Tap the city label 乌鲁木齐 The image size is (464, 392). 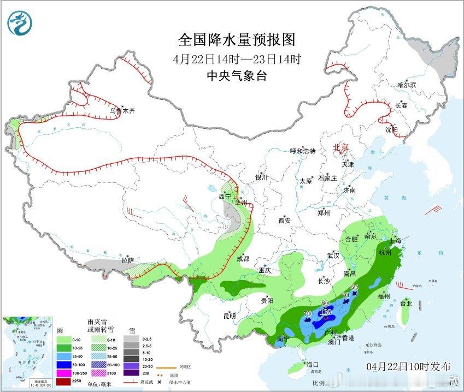pyautogui.click(x=122, y=110)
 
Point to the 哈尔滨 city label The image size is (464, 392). pyautogui.click(x=407, y=85)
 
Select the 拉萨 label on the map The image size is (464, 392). pyautogui.click(x=127, y=260)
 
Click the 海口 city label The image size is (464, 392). pyautogui.click(x=312, y=364)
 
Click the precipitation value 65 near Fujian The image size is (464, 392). pyautogui.click(x=354, y=287)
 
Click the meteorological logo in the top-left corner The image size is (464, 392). pyautogui.click(x=20, y=22)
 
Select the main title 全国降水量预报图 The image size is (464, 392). pyautogui.click(x=237, y=40)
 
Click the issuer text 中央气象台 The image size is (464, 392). pyautogui.click(x=237, y=76)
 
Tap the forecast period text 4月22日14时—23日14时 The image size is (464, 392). pyautogui.click(x=237, y=59)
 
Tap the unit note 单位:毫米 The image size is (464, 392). pyautogui.click(x=101, y=384)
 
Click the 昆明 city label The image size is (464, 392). pyautogui.click(x=229, y=316)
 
